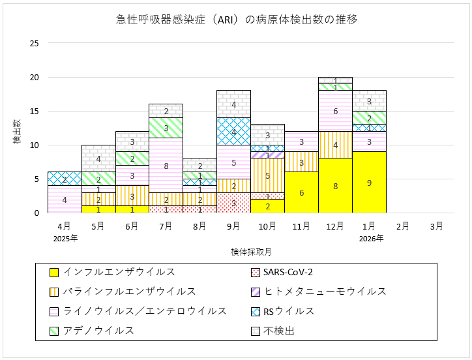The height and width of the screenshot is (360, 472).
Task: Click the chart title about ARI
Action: pos(236,20)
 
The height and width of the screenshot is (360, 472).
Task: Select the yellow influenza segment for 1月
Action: pos(369,183)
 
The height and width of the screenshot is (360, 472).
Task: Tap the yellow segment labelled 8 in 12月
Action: pos(335,186)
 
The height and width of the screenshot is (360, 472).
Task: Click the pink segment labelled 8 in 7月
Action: pos(166,166)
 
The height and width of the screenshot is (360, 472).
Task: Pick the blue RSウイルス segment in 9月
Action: pos(233,132)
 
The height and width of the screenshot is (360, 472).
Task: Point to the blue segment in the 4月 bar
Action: pos(64,179)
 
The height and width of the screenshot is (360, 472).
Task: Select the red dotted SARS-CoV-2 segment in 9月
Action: pos(233,203)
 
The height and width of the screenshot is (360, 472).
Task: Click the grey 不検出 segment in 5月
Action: pos(98,158)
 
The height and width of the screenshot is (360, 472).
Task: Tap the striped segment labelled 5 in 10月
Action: pos(267,175)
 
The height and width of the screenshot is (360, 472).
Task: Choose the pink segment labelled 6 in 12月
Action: pos(335,111)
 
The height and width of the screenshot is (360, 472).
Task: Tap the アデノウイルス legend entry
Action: pos(91,331)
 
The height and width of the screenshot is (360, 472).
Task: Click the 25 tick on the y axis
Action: pos(34,44)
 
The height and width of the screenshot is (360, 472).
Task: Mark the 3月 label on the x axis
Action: pos(437,226)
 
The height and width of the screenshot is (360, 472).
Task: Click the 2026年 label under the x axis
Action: pos(369,238)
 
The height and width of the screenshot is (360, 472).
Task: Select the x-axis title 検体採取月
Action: pos(250,251)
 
